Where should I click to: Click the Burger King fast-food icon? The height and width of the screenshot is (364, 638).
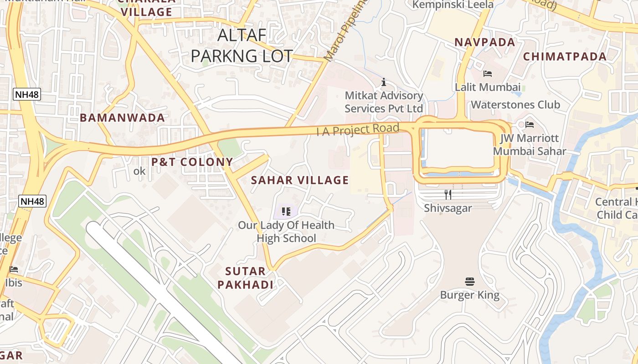click(470, 282)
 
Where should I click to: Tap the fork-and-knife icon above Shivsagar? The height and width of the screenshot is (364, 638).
click(448, 195)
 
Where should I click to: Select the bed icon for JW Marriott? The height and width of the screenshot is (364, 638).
click(529, 124)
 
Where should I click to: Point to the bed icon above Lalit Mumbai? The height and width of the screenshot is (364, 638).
click(487, 73)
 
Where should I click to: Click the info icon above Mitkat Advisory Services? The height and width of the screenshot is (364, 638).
click(384, 82)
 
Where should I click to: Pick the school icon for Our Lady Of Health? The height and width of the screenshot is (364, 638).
click(286, 211)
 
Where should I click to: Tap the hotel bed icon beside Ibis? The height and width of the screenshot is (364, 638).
click(14, 269)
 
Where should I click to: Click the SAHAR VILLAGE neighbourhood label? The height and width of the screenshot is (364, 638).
click(300, 180)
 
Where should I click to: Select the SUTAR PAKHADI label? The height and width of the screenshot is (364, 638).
click(245, 278)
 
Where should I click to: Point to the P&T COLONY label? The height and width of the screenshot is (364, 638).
click(192, 162)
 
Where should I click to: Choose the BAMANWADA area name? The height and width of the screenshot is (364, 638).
click(122, 118)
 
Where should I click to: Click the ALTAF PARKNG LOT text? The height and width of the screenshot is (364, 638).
click(242, 45)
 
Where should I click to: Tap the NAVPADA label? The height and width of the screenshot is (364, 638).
click(485, 42)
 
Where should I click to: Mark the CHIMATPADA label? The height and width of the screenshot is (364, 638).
click(565, 56)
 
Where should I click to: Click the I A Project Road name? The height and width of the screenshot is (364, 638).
click(358, 130)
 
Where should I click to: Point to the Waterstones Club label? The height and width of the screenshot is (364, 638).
click(515, 105)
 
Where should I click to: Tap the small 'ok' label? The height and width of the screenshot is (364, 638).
click(139, 171)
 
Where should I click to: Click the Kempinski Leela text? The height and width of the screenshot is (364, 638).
click(453, 5)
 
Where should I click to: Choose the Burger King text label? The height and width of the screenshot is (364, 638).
click(469, 295)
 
